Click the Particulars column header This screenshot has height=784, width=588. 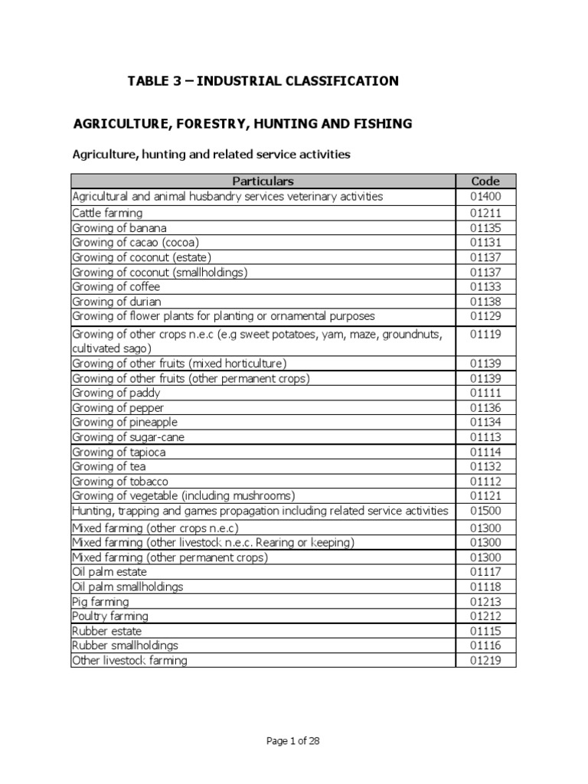coord(263,181)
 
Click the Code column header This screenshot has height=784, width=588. coord(485,181)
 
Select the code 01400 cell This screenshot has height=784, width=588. coord(485,197)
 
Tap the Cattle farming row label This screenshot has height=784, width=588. coord(107,213)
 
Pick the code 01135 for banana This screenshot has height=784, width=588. coord(485,228)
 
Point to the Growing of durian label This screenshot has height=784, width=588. coord(117,302)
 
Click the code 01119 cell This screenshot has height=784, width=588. coord(485,334)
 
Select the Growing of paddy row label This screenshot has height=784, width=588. coord(117,393)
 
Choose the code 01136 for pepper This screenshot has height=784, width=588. coord(485,408)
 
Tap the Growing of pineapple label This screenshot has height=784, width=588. coord(125,423)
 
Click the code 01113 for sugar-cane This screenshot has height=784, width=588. coord(485,437)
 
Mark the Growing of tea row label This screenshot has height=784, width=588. coord(109,466)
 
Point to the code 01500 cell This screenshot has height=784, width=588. coord(485,511)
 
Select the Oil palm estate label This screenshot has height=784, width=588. coord(109,572)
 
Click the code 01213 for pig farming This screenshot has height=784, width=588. coord(485,602)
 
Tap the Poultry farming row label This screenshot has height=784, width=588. coord(110,616)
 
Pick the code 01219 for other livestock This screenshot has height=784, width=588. coord(485,660)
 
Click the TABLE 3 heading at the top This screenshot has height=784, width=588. coord(263,81)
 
